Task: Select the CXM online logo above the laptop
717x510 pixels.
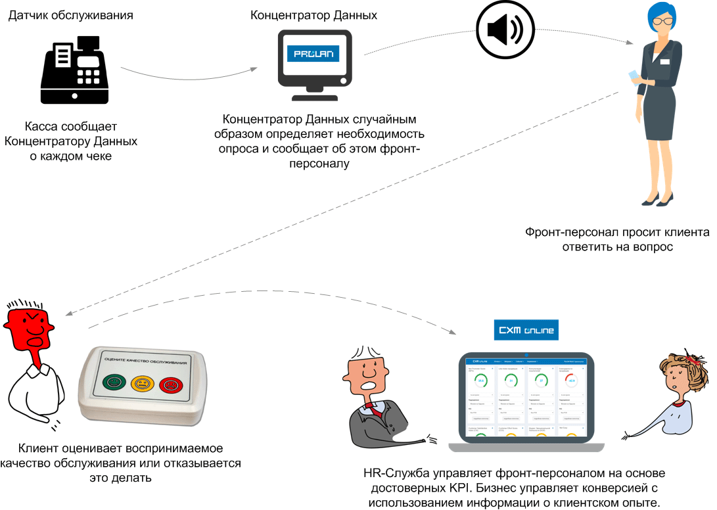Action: coord(526,329)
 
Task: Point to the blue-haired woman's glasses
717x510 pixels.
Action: coord(662,20)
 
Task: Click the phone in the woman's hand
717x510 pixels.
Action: coord(634,76)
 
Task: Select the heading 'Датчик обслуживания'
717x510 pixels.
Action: coord(70,14)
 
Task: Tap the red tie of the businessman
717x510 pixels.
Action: coord(374,408)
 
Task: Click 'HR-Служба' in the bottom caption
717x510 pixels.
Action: coord(394,473)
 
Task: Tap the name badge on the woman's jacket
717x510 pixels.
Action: coord(664,62)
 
